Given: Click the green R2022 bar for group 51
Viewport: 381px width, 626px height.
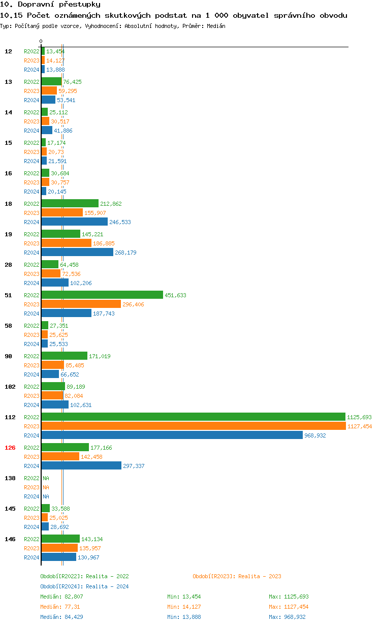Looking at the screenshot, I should (102, 295).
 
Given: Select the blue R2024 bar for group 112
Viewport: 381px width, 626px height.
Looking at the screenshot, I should (172, 435).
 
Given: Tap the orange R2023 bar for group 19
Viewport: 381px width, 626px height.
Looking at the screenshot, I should (66, 243).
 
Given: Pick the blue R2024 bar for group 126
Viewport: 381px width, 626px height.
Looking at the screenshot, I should (81, 466).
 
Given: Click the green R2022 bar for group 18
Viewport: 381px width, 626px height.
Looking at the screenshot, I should (70, 204).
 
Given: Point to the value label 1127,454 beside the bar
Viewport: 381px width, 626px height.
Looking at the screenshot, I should (360, 426).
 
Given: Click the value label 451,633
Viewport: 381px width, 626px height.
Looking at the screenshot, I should (175, 295).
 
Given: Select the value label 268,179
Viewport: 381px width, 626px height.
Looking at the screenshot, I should (125, 253).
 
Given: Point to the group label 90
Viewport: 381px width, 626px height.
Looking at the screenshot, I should (9, 356).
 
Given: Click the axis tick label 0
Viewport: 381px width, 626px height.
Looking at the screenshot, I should (41, 41).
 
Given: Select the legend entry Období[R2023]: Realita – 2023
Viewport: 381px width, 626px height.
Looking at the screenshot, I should (237, 576).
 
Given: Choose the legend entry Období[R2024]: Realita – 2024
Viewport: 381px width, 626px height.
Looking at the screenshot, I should (84, 586).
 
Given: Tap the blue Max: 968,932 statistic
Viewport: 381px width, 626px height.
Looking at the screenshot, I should (287, 617).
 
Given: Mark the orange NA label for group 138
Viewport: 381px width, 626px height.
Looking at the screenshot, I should (46, 487).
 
